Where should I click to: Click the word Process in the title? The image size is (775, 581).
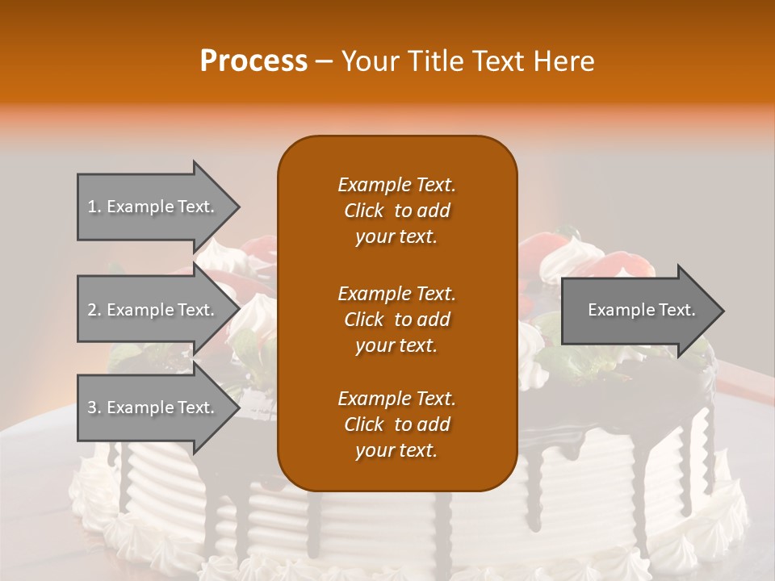click(253, 61)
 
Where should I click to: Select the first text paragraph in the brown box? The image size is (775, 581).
click(396, 211)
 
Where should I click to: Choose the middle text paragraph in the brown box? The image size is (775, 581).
click(396, 319)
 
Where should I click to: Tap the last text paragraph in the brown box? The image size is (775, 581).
click(396, 424)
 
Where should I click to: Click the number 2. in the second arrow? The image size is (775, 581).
click(94, 310)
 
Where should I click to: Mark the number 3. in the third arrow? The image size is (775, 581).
click(94, 408)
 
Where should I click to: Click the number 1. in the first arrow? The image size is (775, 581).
click(94, 207)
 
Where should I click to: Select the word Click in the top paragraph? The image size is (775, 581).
click(364, 211)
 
